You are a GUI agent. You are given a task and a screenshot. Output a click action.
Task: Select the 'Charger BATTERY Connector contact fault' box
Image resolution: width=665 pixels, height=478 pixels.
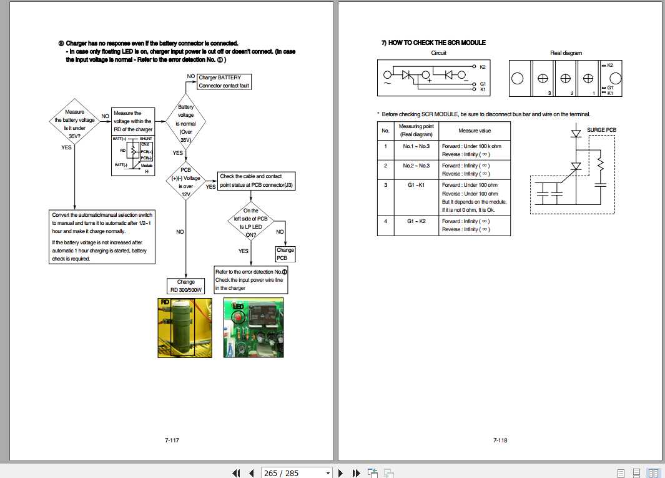[x=224, y=81]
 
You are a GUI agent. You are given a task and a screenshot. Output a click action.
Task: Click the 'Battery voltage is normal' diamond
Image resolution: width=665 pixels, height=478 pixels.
[x=185, y=123]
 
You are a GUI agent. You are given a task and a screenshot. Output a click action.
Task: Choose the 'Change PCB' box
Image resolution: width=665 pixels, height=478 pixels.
[x=285, y=254]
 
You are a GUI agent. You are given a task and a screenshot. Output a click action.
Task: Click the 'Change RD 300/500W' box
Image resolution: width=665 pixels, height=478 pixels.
[x=185, y=286]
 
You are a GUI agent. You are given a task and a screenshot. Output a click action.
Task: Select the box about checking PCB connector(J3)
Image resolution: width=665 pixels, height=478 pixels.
[x=256, y=182]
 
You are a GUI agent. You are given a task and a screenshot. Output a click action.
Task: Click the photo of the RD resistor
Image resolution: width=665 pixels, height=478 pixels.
[x=184, y=327]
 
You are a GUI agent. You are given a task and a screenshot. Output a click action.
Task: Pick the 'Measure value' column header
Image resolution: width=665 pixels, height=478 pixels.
[x=475, y=131]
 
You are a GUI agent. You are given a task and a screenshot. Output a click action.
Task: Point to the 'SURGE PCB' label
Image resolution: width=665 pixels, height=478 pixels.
[x=601, y=130]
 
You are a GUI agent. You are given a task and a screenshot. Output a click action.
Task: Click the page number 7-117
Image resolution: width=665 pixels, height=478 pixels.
[x=172, y=440]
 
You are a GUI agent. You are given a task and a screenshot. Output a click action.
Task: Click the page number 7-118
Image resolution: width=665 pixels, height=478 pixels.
[x=500, y=440]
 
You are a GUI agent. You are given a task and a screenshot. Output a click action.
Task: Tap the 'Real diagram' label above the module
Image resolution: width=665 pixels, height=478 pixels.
[x=566, y=53]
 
